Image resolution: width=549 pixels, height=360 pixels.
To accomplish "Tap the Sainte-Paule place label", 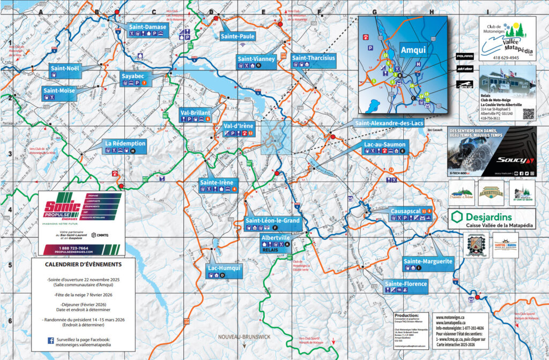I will [x=238, y=36].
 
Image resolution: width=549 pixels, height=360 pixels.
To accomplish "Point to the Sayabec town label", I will [x=137, y=76].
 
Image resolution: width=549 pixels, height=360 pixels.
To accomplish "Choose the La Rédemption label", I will [x=125, y=144].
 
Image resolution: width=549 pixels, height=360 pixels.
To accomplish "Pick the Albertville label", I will [x=275, y=237].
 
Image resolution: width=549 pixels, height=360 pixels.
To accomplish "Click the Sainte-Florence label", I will [x=406, y=283].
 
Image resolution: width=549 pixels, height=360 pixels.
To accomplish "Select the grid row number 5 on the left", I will [x=10, y=266].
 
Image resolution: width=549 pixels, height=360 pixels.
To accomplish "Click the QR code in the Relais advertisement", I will [x=528, y=114].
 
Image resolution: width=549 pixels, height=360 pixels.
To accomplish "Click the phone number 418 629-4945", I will [x=506, y=57].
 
